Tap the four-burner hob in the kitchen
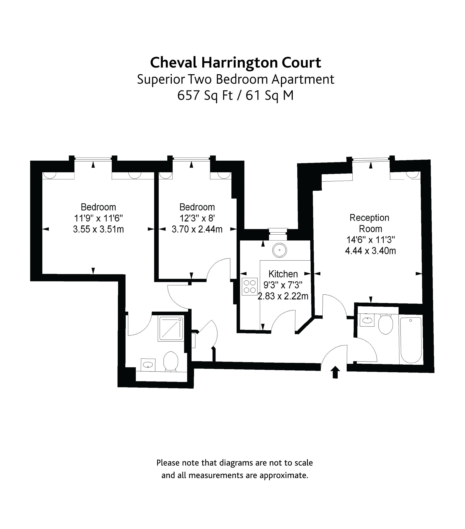pyautogui.click(x=250, y=286)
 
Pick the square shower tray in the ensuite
pyautogui.click(x=171, y=328)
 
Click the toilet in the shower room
pyautogui.click(x=171, y=361)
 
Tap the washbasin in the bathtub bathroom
pyautogui.click(x=367, y=320)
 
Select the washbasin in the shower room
pyautogui.click(x=148, y=365)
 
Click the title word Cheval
pyautogui.click(x=173, y=63)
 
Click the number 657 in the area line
pyautogui.click(x=188, y=95)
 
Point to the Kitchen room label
pyautogui.click(x=283, y=274)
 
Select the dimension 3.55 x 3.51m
pyautogui.click(x=98, y=229)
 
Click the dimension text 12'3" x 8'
pyautogui.click(x=197, y=218)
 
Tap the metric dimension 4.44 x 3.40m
pyautogui.click(x=370, y=251)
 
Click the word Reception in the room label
pyautogui.click(x=369, y=218)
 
